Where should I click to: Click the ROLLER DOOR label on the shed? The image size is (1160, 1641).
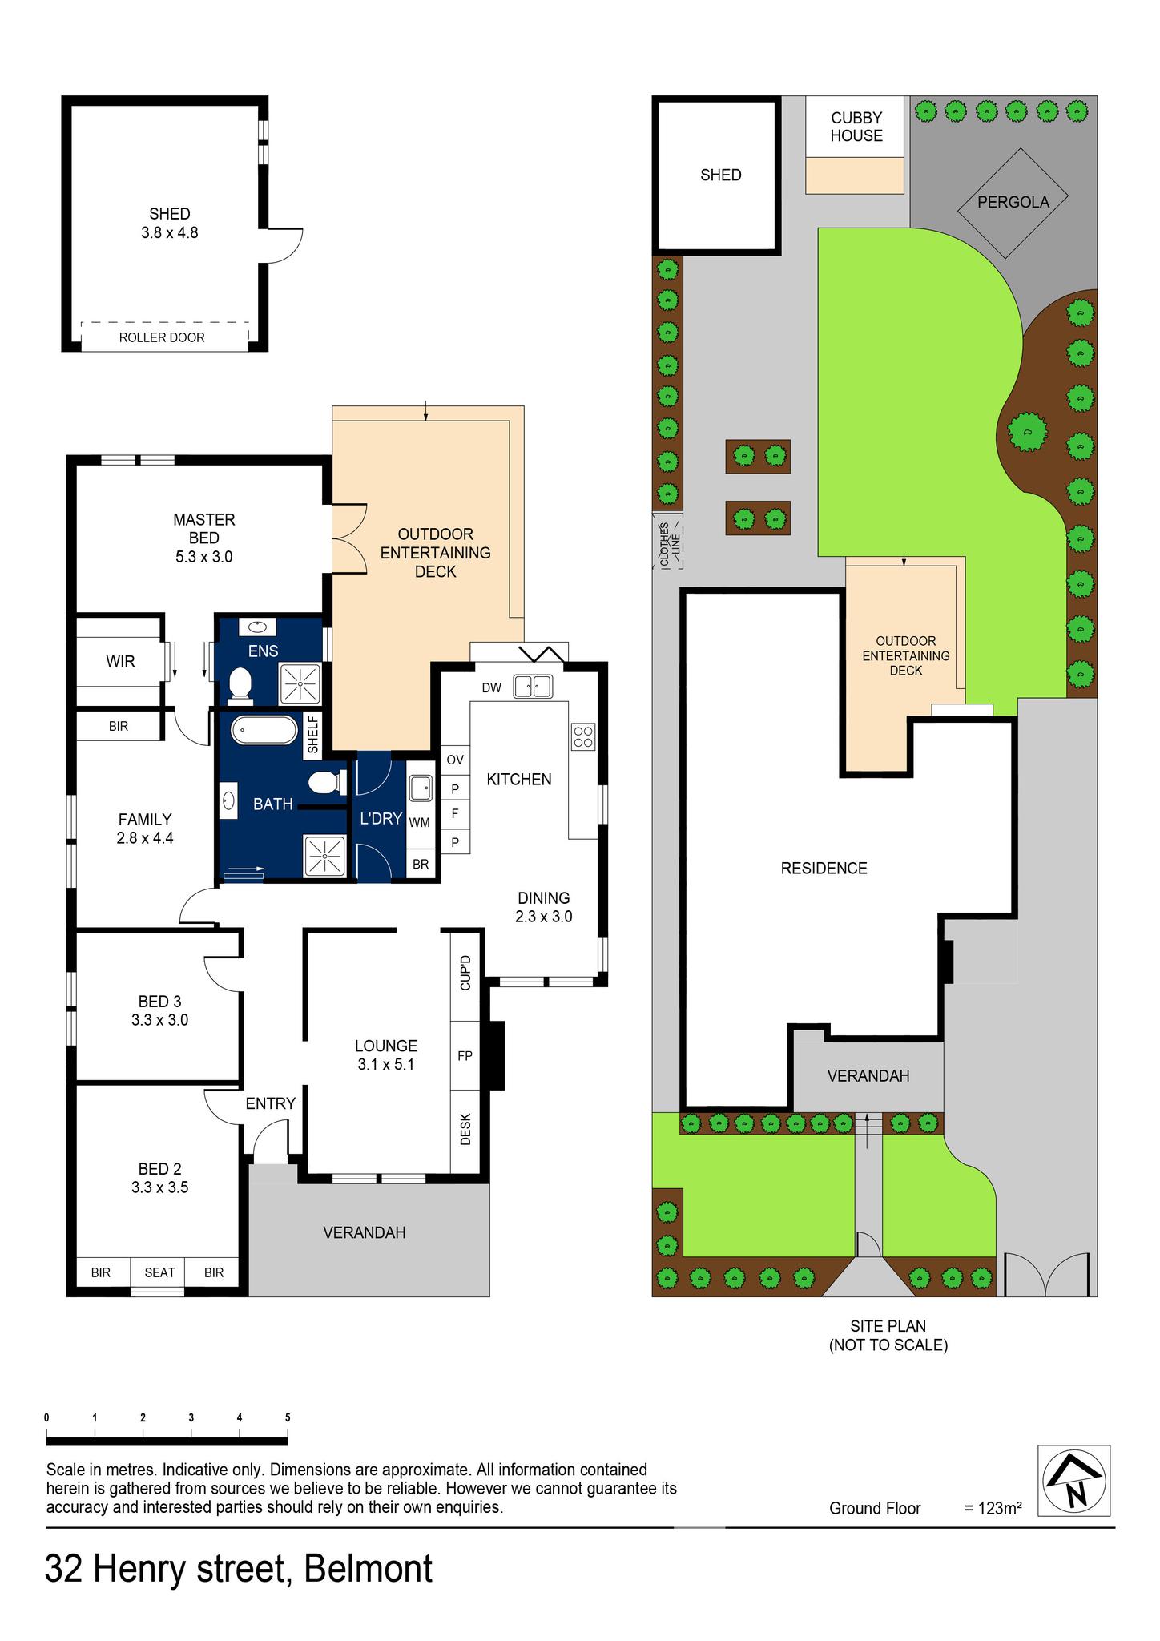pos(162,337)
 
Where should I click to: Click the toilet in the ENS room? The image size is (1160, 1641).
pos(240,683)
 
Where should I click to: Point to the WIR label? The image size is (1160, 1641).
pos(120,661)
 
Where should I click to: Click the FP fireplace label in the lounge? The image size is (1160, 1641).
pos(465,1056)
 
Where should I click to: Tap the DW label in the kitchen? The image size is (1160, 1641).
pos(491,687)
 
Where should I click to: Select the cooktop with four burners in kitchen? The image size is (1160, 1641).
pos(582,736)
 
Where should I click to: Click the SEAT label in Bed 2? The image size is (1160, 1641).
pos(159,1272)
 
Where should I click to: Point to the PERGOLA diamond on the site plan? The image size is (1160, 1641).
pos(1013,202)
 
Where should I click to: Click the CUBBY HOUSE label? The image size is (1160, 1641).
pos(856,127)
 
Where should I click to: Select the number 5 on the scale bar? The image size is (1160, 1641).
pos(288,1417)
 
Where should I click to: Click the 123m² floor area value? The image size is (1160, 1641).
pos(993,1508)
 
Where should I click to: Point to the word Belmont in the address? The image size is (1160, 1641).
pos(369,1569)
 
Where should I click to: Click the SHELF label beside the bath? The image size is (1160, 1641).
pos(312,735)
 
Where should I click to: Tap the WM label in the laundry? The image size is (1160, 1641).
pos(419,823)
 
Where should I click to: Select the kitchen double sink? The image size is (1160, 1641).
pos(533,687)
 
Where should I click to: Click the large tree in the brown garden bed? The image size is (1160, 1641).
pos(1026,433)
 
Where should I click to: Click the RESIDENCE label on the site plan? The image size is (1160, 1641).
pos(824,868)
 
